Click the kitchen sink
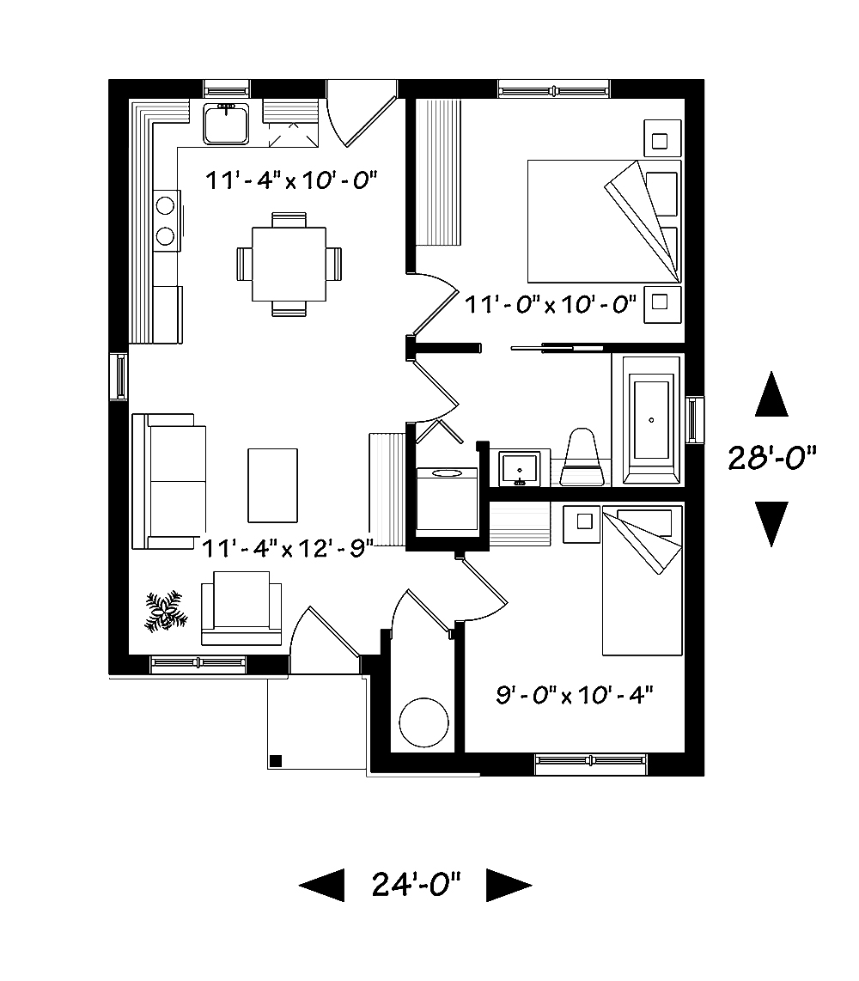(227, 123)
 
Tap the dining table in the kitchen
(289, 263)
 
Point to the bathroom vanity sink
(520, 468)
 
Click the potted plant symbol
(163, 611)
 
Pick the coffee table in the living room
(273, 484)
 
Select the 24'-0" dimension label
(416, 883)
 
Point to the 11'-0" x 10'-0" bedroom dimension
(551, 303)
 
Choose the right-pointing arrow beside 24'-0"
(508, 884)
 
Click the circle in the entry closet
(423, 722)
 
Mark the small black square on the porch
(277, 759)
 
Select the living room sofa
(169, 481)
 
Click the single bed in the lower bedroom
(641, 581)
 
